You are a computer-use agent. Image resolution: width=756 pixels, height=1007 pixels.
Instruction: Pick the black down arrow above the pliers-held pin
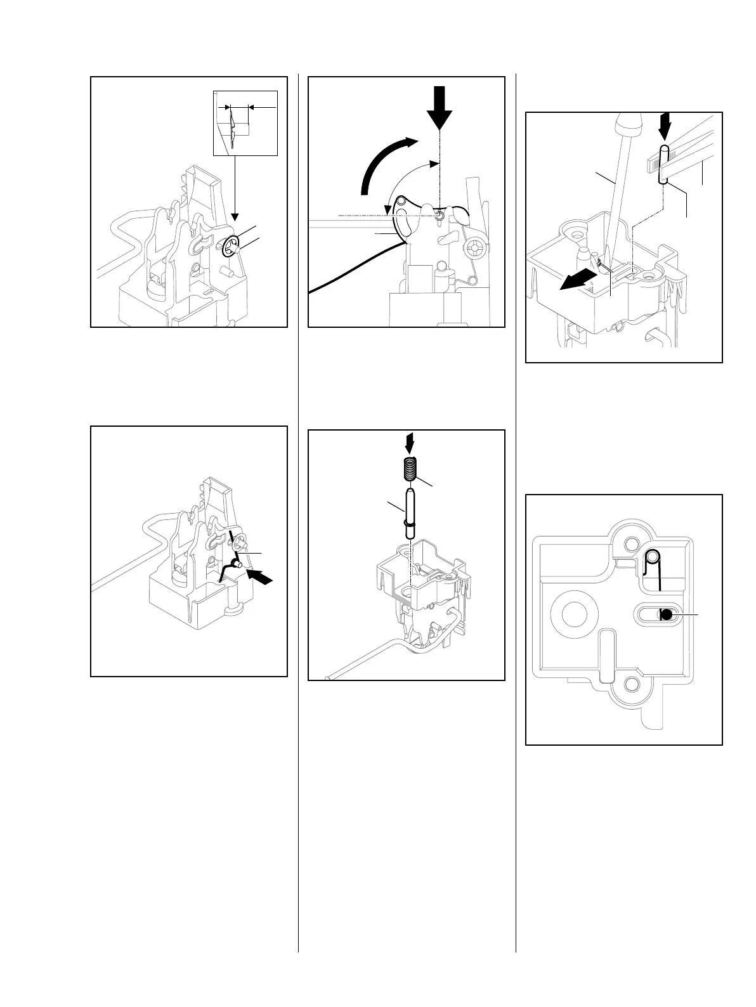664,126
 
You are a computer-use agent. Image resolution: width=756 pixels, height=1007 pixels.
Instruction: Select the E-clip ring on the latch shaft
231,247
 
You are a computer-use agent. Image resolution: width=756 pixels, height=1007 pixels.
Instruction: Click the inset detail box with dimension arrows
245,123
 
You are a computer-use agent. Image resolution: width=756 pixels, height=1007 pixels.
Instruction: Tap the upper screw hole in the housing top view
631,544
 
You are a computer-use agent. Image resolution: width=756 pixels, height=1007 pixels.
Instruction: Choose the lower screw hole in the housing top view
631,684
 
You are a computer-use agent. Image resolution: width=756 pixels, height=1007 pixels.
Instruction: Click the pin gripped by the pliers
663,165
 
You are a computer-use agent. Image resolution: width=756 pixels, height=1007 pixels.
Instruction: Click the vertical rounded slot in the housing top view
606,655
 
